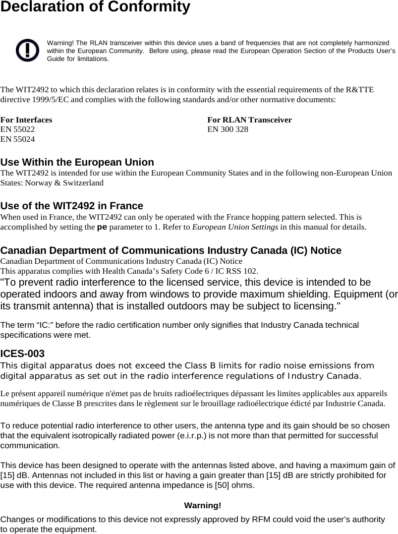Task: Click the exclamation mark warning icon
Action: tap(27, 50)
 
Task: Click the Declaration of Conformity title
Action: tap(95, 7)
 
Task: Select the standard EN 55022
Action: tap(18, 129)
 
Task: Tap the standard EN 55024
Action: tap(18, 139)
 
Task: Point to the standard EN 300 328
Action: tap(228, 129)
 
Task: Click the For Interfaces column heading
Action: tap(26, 120)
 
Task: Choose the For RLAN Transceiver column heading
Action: tap(249, 120)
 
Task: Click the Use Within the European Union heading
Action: tap(77, 162)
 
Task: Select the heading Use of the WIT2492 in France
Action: tap(72, 206)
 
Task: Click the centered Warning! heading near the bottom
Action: tap(202, 505)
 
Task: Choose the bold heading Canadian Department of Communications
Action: tap(171, 250)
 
